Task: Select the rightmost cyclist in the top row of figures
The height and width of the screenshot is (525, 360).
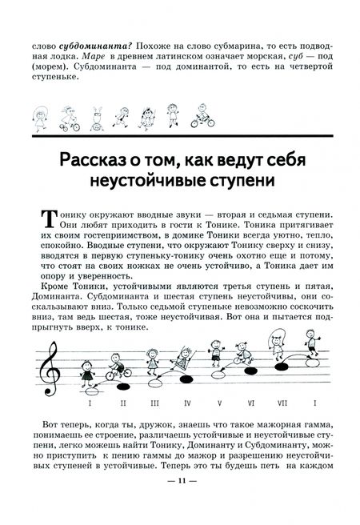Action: coord(203,113)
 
